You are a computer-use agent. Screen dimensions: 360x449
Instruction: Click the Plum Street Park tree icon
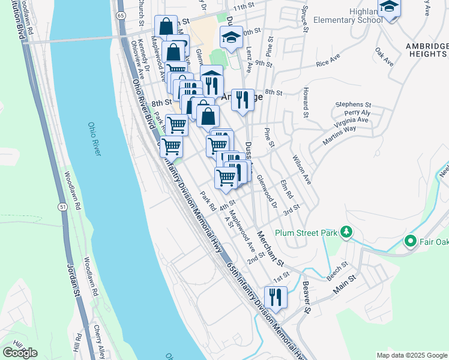[x=346, y=232]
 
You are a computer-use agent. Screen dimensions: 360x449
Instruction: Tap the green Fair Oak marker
[x=411, y=241]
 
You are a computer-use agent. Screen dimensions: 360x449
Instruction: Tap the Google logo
[x=20, y=352]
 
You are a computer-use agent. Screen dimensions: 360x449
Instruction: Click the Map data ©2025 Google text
[x=411, y=355]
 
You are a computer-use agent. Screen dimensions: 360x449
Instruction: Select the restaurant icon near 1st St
[x=276, y=296]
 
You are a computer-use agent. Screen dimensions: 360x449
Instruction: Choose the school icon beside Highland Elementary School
[x=390, y=7]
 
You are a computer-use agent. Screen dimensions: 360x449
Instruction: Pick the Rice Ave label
[x=329, y=62]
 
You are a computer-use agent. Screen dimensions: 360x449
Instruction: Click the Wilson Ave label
[x=301, y=169]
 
